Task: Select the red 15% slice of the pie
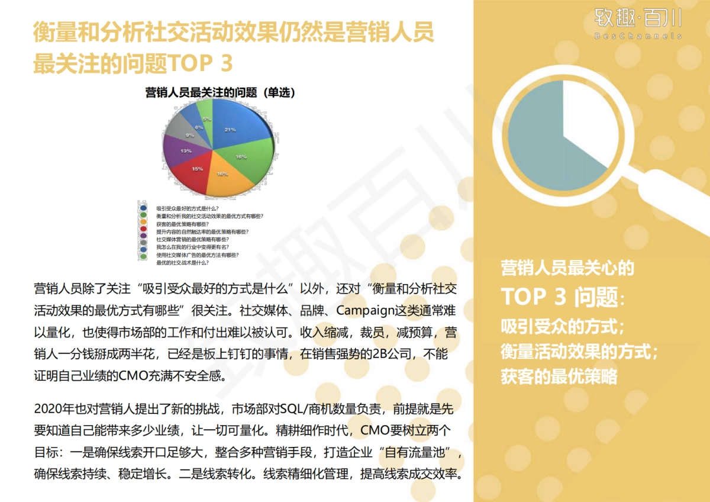(x=195, y=172)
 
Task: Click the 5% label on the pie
(x=206, y=119)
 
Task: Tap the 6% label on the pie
(x=198, y=126)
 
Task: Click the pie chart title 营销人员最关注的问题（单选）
(x=220, y=93)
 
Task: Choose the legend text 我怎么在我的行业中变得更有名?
(x=192, y=247)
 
